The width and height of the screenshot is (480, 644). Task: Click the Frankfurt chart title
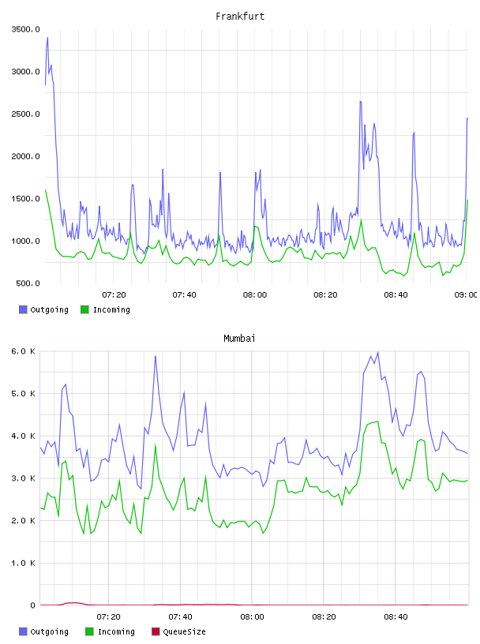click(240, 17)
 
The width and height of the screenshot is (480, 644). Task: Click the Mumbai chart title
click(239, 339)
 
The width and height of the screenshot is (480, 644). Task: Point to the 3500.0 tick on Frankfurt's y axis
click(25, 29)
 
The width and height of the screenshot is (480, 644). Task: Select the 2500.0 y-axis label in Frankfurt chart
click(25, 114)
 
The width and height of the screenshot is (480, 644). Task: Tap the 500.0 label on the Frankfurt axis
click(28, 283)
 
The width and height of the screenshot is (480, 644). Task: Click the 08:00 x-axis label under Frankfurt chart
click(255, 295)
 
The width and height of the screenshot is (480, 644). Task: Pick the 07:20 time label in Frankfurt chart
click(114, 295)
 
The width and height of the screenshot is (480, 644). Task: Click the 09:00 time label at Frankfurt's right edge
click(466, 295)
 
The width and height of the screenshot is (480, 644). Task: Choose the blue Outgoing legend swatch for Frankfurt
click(23, 309)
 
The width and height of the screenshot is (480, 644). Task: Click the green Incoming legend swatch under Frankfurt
click(84, 309)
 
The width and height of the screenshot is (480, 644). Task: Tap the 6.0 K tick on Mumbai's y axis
click(23, 351)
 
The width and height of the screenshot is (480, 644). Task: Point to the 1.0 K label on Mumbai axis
click(23, 563)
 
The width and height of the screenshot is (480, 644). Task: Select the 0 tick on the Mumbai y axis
click(33, 605)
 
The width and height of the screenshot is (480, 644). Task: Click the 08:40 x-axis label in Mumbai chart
click(396, 617)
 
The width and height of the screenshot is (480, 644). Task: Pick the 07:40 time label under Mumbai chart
click(180, 617)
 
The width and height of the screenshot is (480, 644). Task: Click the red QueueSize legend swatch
click(156, 631)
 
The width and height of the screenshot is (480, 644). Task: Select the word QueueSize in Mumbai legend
click(185, 631)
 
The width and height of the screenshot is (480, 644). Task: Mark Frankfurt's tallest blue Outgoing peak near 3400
click(47, 38)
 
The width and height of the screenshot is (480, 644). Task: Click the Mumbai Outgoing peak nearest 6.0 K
click(378, 353)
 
